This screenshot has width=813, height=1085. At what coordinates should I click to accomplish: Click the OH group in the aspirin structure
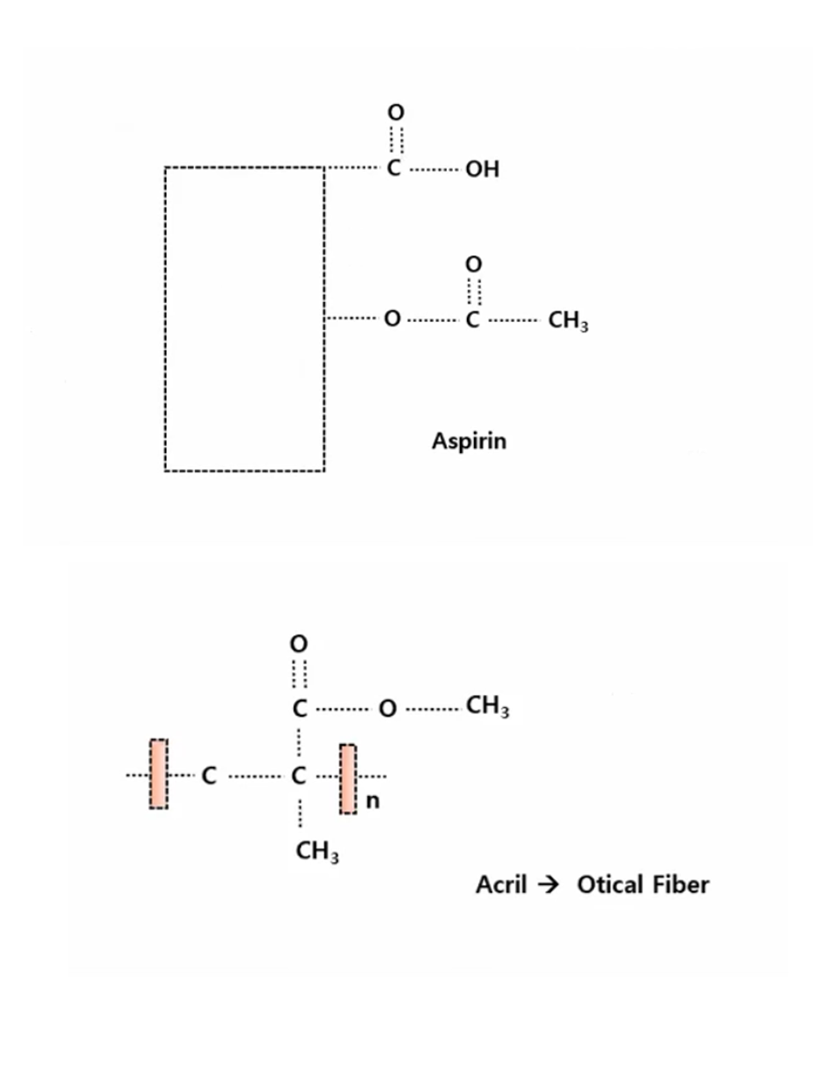(482, 169)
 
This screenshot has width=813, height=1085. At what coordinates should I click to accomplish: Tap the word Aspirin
(469, 441)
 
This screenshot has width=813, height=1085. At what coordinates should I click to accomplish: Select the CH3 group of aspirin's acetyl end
(567, 320)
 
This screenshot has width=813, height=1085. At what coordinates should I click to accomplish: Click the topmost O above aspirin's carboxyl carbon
(396, 112)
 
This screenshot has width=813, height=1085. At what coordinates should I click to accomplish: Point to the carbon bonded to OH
(394, 169)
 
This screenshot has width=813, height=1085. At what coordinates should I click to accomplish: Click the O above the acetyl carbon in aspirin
(474, 264)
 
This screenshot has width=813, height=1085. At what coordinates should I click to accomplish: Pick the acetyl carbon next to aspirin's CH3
(473, 320)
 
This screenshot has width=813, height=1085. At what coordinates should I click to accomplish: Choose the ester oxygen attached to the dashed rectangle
(392, 319)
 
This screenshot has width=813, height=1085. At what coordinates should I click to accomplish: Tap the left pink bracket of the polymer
(159, 774)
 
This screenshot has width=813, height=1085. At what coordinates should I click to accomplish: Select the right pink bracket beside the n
(348, 779)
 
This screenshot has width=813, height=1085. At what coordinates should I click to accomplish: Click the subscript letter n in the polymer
(372, 801)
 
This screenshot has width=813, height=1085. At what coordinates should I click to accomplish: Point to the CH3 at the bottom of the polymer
(316, 851)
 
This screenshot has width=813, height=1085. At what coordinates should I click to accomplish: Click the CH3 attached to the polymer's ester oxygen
(487, 706)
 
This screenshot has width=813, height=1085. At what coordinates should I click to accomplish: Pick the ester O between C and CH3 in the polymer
(387, 708)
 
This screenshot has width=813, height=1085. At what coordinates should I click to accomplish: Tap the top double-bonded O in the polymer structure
(299, 644)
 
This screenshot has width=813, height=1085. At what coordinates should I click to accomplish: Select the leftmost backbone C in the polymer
(208, 776)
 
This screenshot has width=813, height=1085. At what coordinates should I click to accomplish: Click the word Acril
(501, 885)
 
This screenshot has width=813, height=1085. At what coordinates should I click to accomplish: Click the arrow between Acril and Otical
(548, 885)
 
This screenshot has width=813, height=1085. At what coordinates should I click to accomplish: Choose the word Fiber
(680, 885)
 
